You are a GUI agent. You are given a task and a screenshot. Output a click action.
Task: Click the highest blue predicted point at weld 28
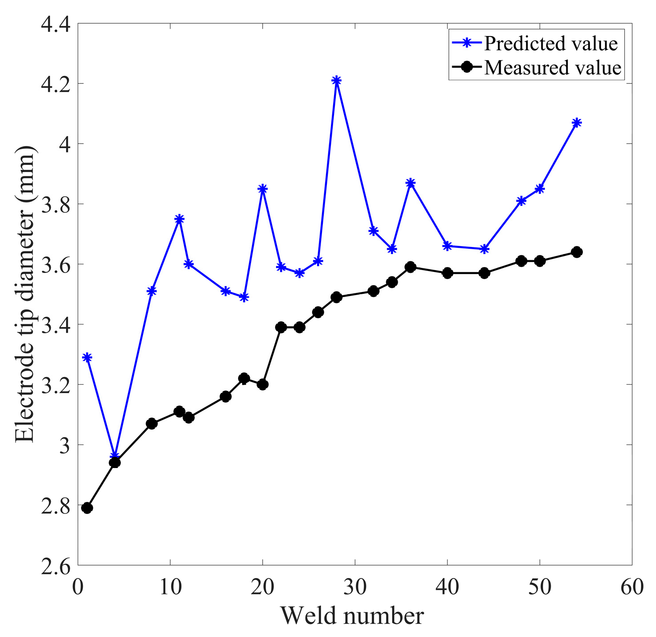tap(337, 81)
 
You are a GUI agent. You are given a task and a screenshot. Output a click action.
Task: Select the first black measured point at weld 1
tap(87, 508)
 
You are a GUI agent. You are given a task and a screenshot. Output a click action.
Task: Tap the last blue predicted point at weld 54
tap(577, 123)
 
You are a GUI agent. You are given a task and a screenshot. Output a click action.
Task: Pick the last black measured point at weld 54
tap(577, 252)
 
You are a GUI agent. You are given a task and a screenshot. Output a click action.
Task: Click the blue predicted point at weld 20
tap(263, 189)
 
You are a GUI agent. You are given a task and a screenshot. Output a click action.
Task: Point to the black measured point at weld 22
tap(281, 327)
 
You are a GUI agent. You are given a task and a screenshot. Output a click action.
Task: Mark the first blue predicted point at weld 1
tap(87, 357)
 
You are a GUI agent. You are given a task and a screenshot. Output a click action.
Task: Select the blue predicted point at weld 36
tap(411, 183)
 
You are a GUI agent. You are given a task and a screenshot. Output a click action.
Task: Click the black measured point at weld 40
tap(448, 273)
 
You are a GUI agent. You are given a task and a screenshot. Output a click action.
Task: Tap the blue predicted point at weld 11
tap(179, 219)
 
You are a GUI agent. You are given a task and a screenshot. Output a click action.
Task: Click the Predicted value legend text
tap(551, 44)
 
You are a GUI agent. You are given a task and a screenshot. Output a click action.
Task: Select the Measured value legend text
tap(553, 68)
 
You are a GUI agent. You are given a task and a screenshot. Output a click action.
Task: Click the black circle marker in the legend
tap(467, 67)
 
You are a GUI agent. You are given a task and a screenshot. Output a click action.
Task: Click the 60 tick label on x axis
tap(632, 587)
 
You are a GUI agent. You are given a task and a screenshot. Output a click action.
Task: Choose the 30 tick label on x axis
tap(355, 587)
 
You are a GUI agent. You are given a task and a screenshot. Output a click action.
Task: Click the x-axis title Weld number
tap(352, 616)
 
